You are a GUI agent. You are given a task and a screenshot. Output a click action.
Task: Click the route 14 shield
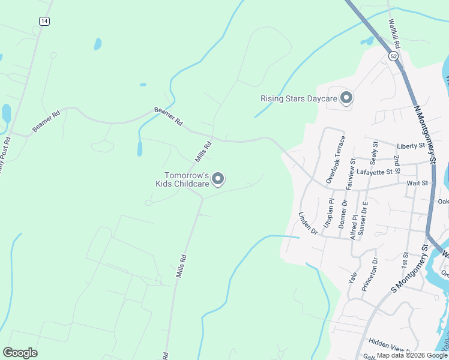[x=44, y=21]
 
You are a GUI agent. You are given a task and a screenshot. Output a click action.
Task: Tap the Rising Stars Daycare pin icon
[x=346, y=98]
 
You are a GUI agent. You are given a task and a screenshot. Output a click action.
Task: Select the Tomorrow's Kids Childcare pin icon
[x=218, y=179]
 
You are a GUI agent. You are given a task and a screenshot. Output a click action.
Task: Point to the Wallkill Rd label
[x=394, y=33]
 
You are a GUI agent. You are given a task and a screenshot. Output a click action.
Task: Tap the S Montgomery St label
[x=409, y=268]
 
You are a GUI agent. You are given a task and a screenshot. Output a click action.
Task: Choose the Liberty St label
[x=411, y=146]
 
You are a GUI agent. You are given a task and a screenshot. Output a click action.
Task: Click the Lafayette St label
[x=374, y=172]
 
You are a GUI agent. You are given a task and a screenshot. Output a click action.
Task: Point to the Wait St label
[x=417, y=183]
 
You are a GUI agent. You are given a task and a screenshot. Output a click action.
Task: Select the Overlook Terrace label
[x=336, y=160]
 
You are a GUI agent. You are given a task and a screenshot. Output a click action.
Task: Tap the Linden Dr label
[x=307, y=222]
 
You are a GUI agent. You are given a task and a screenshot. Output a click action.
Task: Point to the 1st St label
[x=405, y=260]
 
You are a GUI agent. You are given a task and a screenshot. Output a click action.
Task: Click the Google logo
[x=20, y=353]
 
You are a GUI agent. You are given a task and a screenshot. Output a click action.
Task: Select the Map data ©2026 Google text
[x=411, y=355]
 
